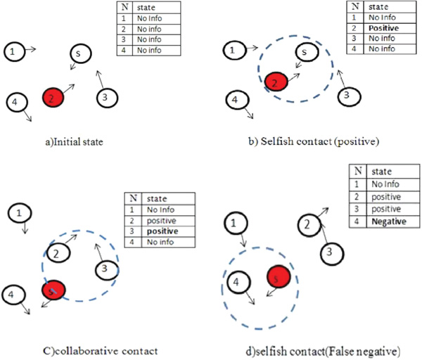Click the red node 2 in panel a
click(x=53, y=97)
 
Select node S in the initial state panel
click(x=79, y=53)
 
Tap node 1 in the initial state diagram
click(x=14, y=51)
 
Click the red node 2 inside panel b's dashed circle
click(x=276, y=83)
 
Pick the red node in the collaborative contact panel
click(x=53, y=290)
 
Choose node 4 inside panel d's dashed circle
click(x=240, y=282)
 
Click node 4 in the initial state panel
click(x=14, y=103)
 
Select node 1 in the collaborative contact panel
click(x=22, y=212)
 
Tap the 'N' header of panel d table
click(x=359, y=171)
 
